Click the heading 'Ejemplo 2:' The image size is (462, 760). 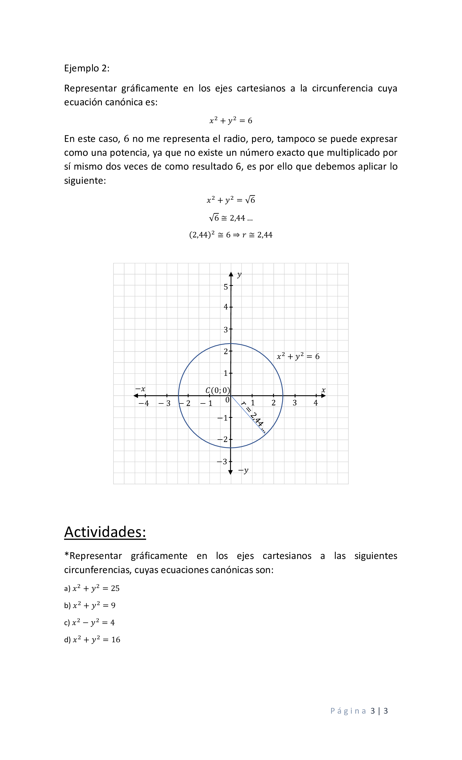click(86, 68)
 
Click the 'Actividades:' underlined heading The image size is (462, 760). click(105, 532)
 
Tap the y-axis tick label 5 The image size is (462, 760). click(226, 287)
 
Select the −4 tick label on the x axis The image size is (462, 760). click(144, 403)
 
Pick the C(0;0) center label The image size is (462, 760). click(218, 390)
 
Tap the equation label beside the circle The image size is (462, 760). click(298, 357)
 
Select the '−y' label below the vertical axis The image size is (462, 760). click(243, 471)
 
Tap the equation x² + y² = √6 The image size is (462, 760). click(231, 200)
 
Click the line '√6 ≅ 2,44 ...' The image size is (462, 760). click(231, 218)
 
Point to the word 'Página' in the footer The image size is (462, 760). click(348, 711)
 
